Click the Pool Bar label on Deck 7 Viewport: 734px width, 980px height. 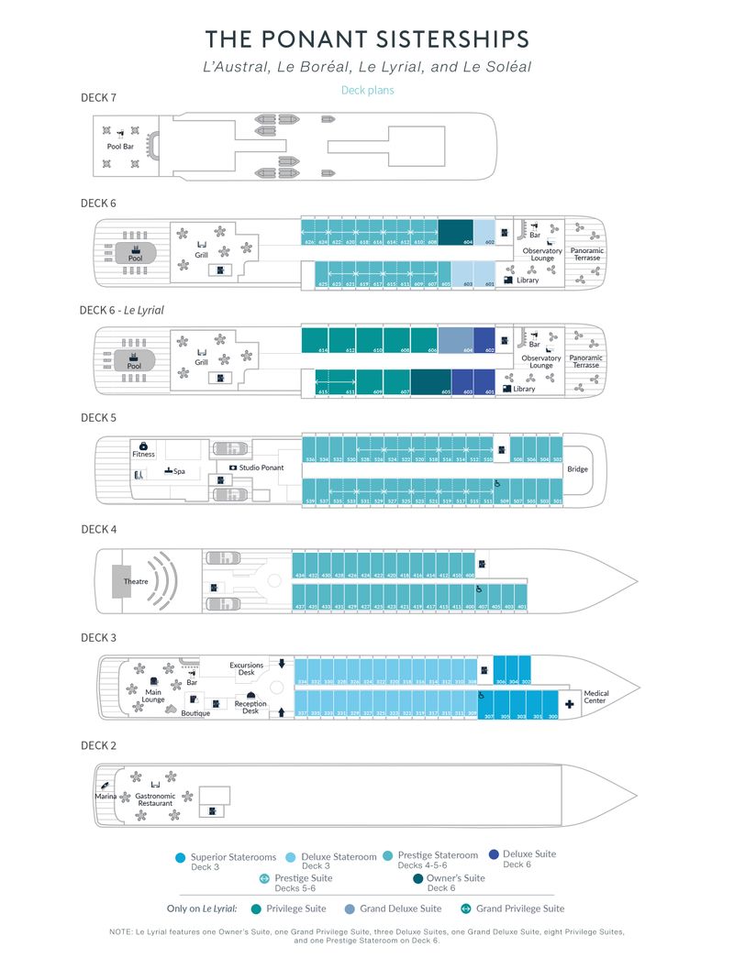point(120,147)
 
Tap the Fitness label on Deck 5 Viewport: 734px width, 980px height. point(143,454)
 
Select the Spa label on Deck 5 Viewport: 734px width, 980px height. point(180,471)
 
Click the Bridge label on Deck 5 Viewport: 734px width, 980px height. point(578,469)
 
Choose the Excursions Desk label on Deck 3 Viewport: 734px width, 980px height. point(247,668)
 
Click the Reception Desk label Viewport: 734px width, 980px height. point(250,708)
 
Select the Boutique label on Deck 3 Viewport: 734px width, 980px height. point(195,713)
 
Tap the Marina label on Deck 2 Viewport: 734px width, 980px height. point(106,797)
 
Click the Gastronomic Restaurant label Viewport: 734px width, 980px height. point(155,800)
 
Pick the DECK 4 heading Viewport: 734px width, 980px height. point(98,529)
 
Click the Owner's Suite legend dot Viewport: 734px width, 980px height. point(418,878)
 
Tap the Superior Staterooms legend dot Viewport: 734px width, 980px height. point(180,858)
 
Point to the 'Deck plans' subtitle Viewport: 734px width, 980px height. point(367,91)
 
